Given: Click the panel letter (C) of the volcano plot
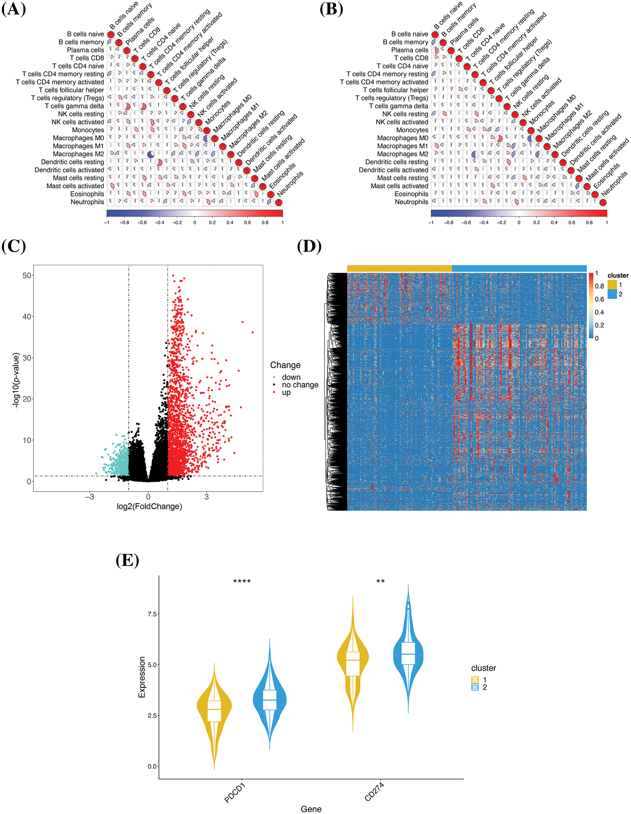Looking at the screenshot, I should point(14,246).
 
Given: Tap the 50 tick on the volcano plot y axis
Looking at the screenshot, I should point(26,276).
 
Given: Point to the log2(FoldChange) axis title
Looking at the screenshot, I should point(149,506).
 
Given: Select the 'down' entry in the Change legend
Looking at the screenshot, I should point(291,377).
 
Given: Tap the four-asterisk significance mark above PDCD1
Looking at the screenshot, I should point(242,581).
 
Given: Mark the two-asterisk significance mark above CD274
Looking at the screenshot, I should point(380,581).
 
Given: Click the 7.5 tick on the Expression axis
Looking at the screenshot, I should point(152,614).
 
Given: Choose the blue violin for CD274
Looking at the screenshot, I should point(408,656).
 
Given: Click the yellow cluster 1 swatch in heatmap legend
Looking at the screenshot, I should point(612,285).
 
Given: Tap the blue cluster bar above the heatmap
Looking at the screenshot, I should point(519,268).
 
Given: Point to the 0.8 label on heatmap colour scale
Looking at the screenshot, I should point(599,286).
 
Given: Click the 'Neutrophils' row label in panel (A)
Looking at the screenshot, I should point(87,202).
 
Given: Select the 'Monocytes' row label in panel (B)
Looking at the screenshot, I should point(412,130).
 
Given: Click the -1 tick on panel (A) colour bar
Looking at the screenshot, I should point(107,223).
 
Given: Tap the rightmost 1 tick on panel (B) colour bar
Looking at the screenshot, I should point(606,223).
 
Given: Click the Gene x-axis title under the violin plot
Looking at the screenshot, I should point(311,809).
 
